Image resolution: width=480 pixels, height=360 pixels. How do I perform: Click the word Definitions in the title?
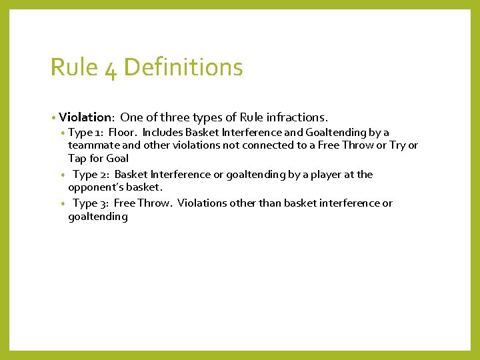coord(183,67)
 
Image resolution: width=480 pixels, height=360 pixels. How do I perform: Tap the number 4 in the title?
coord(111,67)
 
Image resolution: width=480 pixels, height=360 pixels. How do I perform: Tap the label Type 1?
coord(85,132)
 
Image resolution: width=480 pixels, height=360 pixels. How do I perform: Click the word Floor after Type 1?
coord(123,132)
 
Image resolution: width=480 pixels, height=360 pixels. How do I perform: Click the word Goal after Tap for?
coord(117,158)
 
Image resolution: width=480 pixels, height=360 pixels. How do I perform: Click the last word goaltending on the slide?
coord(97,216)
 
